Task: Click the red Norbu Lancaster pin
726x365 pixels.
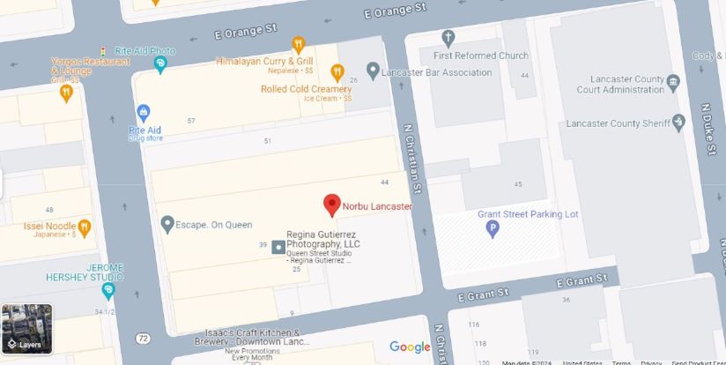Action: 332,205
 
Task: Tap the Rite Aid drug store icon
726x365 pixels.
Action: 144,113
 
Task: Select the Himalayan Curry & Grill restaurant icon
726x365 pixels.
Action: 299,45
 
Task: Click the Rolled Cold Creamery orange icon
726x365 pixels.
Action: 337,71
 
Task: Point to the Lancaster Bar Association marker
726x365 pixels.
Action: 373,70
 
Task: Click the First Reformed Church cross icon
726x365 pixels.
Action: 448,38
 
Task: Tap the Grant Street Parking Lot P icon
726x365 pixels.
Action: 493,229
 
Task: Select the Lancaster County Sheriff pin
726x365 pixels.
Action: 678,123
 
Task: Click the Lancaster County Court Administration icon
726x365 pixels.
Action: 674,83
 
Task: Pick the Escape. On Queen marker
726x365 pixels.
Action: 167,225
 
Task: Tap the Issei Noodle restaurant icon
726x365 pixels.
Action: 85,227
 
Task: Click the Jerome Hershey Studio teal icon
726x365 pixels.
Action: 108,290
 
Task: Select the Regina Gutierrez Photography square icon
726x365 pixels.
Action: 278,245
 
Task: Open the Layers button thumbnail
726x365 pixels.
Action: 27,327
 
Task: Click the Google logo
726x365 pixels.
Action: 410,347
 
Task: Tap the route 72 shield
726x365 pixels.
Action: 143,338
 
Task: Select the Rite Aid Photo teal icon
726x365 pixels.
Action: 160,64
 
